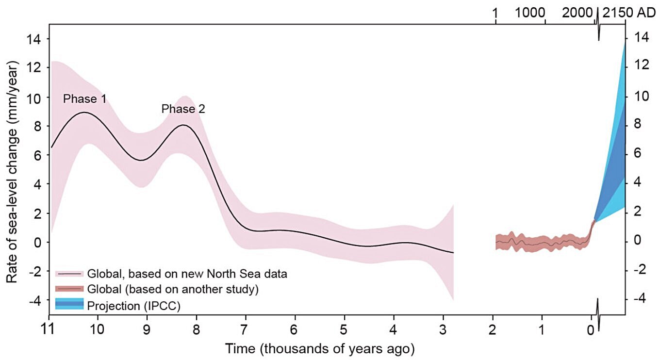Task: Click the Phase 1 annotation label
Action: click(85, 99)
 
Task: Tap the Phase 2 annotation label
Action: click(183, 109)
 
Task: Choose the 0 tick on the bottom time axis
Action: click(590, 330)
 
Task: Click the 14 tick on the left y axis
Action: click(35, 39)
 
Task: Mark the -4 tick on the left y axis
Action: click(33, 300)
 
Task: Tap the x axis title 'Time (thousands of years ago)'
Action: click(319, 348)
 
